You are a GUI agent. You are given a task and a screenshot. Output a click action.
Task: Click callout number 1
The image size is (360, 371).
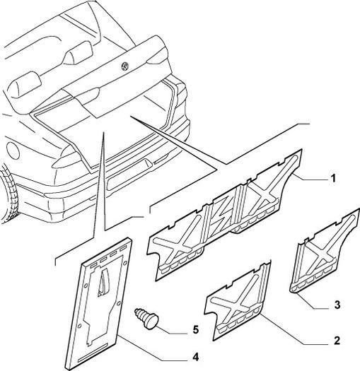[x=333, y=178]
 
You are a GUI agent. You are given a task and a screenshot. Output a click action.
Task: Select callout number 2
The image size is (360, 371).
[x=337, y=341]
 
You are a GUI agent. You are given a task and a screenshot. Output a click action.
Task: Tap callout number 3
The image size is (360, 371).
[x=337, y=305]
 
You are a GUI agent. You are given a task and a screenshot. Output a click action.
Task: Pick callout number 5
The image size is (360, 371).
[x=195, y=329]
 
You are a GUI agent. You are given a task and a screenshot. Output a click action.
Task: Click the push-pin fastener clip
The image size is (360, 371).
[x=146, y=319]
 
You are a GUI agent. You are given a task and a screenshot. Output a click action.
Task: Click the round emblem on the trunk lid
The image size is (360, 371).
[x=125, y=66]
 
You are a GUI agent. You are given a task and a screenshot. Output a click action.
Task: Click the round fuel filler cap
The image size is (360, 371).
[x=13, y=151]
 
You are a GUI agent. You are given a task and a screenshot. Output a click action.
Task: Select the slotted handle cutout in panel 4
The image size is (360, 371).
[x=103, y=283]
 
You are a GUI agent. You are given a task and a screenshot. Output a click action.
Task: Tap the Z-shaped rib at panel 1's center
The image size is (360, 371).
[x=221, y=216]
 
